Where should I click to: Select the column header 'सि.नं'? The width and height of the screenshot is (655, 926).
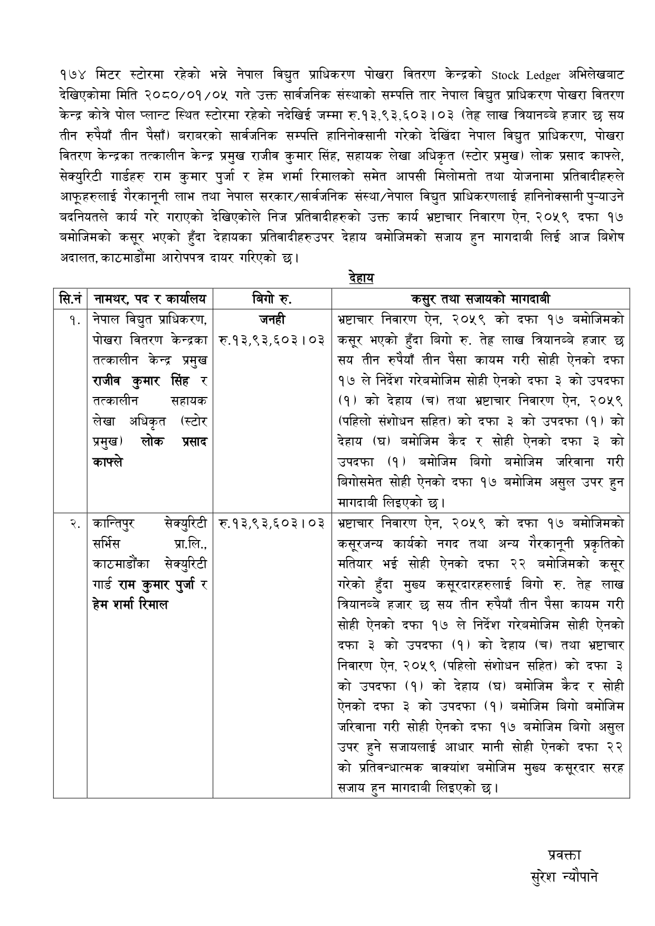click(70, 299)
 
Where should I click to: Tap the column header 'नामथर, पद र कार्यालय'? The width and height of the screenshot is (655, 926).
click(150, 299)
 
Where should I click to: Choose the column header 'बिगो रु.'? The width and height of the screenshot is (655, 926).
click(272, 299)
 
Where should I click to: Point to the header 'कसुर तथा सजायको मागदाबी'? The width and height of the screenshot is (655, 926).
click(480, 299)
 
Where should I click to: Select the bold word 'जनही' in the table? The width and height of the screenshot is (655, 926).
click(272, 319)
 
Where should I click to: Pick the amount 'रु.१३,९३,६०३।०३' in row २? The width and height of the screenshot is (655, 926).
click(272, 524)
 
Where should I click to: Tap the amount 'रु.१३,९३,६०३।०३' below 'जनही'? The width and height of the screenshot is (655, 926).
click(272, 340)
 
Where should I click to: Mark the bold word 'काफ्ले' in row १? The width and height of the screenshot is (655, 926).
click(108, 461)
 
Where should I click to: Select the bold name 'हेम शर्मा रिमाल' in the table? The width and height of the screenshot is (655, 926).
click(130, 604)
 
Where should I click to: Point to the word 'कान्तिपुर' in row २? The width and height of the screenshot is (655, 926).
click(113, 524)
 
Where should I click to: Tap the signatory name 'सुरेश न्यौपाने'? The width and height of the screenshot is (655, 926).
click(564, 877)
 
